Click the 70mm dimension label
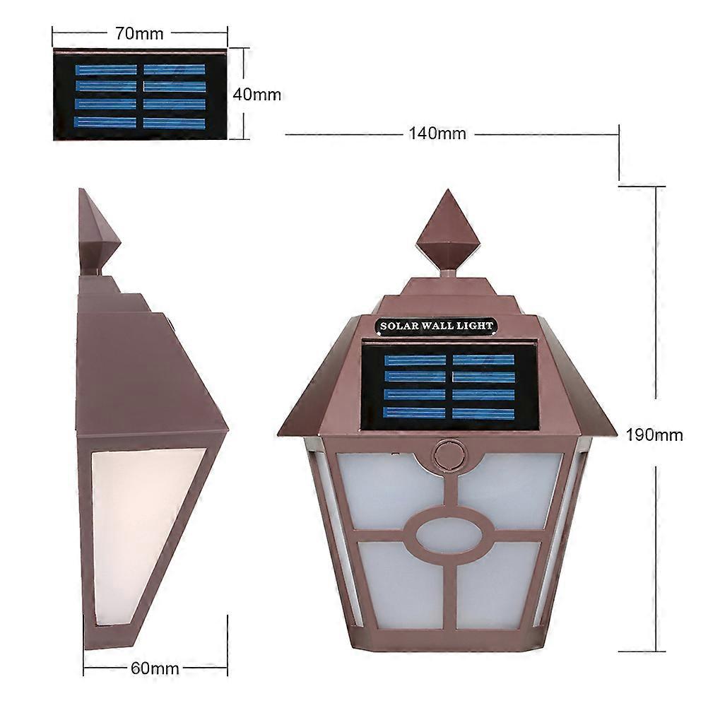click(140, 33)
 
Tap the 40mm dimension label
click(256, 94)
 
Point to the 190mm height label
click(654, 435)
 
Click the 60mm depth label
click(155, 668)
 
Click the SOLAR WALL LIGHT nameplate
click(436, 326)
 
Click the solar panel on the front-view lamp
click(448, 386)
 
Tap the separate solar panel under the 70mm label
click(140, 94)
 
